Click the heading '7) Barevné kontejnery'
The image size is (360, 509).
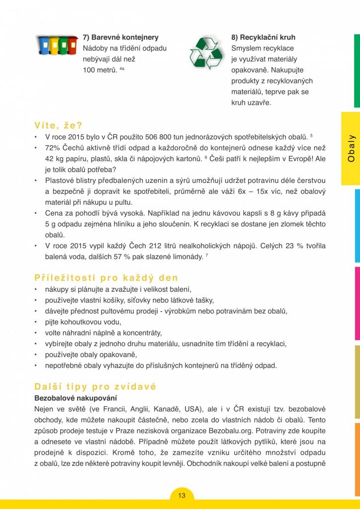coord(121,37)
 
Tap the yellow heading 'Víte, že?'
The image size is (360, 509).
coord(58,125)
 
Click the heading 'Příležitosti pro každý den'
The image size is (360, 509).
coord(106,277)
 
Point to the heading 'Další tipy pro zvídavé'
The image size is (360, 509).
coord(95,386)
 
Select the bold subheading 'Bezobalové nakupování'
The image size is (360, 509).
coord(75,398)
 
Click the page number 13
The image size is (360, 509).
coord(181,495)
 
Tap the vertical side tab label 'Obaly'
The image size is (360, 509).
coord(351,148)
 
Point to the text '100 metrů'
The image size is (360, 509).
coord(100,70)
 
